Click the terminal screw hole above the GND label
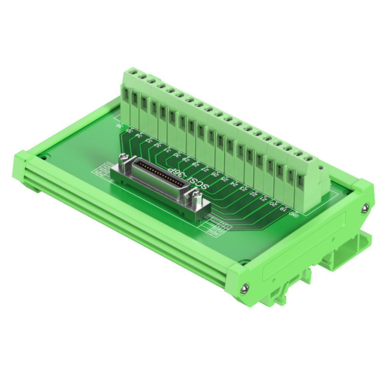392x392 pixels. (x=307, y=158)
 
